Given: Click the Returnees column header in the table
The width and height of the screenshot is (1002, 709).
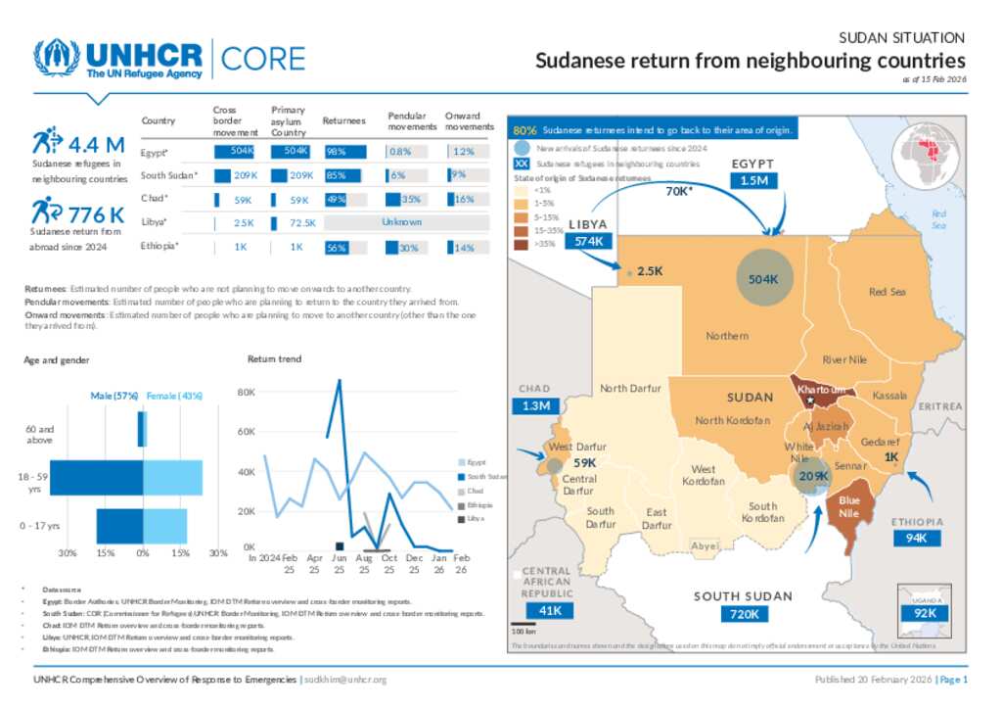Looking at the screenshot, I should tap(343, 120).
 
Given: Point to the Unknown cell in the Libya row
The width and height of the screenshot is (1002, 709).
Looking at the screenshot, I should tap(402, 222).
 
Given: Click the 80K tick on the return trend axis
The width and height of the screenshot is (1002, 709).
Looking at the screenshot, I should tap(246, 392).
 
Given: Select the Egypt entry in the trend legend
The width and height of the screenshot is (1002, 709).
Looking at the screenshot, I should tap(476, 461).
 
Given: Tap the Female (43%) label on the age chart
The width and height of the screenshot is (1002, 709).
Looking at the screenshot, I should tap(174, 396).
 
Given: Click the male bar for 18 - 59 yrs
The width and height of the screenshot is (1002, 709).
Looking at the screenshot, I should tap(97, 477).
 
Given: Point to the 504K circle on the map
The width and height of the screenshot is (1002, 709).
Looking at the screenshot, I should tap(763, 279).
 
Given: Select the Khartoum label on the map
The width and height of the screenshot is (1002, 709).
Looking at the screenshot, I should tap(821, 391).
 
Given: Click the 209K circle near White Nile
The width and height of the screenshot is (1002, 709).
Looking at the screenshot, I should tap(813, 476).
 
